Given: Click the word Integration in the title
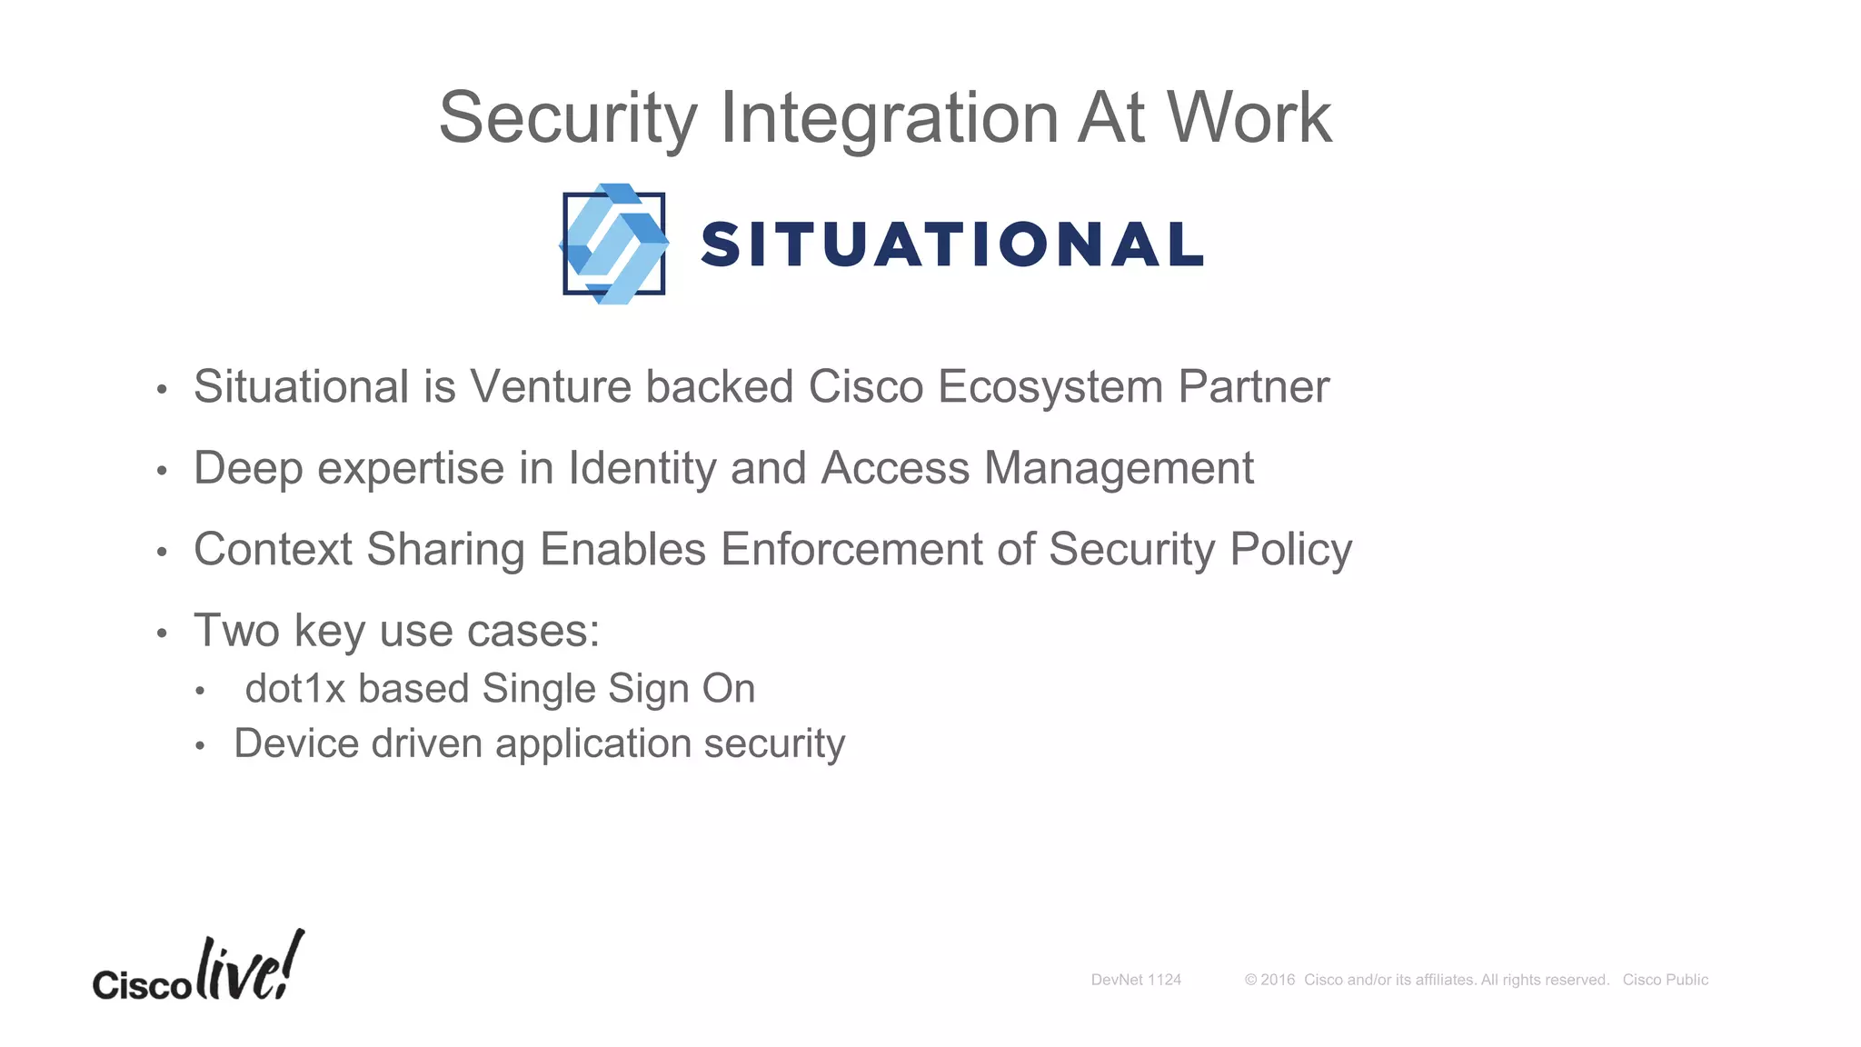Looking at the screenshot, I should click(889, 118).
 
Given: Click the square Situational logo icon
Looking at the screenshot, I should click(614, 244).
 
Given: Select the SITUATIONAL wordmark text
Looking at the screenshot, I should click(952, 244).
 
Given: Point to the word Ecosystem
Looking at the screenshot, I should click(1050, 387).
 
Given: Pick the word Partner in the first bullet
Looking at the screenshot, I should click(1253, 387).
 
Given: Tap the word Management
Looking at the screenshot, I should click(1119, 469).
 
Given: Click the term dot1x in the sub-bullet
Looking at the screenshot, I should click(295, 689).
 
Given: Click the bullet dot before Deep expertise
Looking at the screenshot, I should click(162, 471).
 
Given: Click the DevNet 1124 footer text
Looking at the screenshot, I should click(1136, 980).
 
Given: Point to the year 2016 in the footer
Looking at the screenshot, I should click(1277, 980).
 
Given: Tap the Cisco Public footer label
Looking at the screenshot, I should click(1665, 980).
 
